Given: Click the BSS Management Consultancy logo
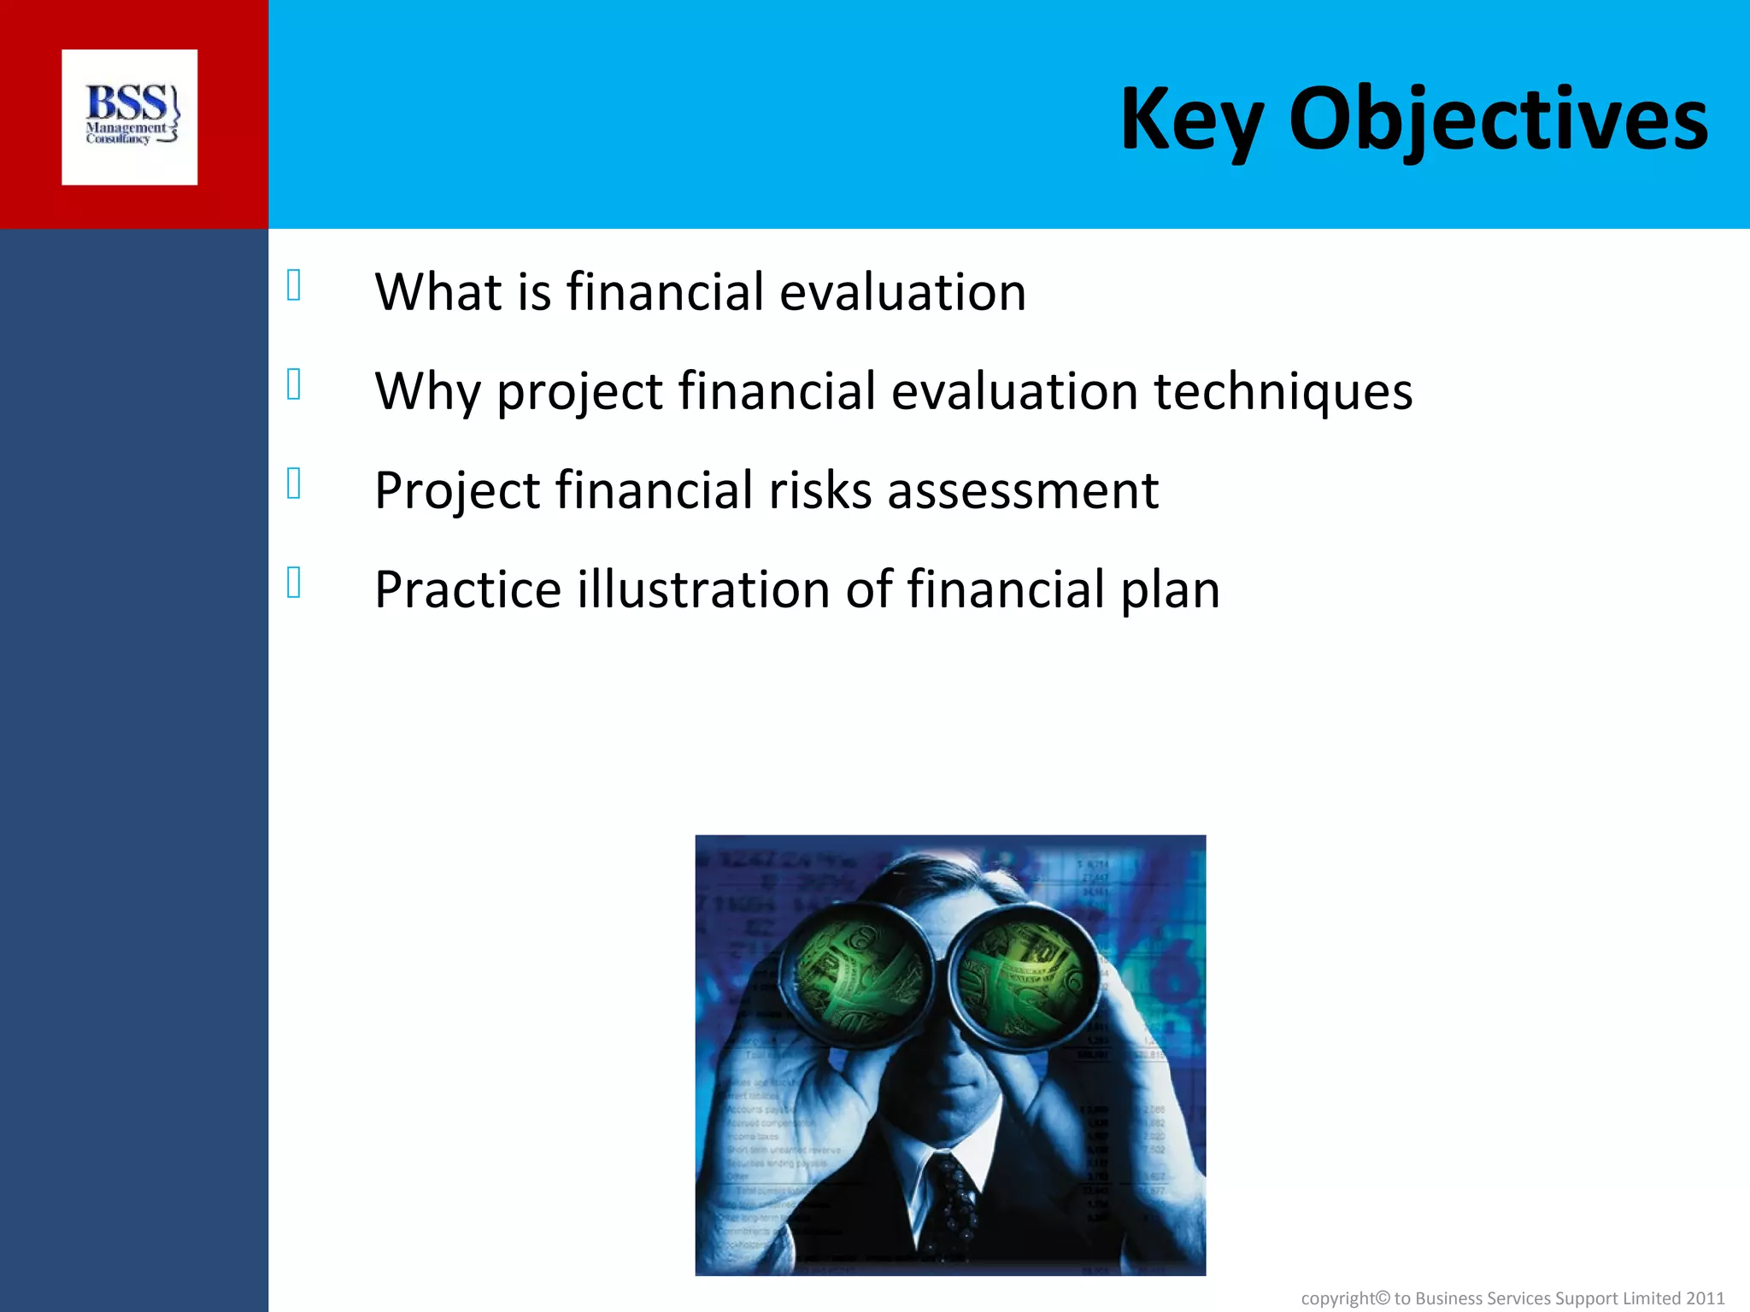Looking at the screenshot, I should coord(130,117).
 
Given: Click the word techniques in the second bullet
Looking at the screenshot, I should coord(1283,391).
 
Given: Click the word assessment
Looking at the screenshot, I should coord(1022,492).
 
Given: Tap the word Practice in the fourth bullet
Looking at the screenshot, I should coord(467,589).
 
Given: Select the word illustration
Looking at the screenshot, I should coord(703,589).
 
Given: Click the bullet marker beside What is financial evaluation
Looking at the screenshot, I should coord(294,285).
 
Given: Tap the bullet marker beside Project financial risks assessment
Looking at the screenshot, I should coord(294,483).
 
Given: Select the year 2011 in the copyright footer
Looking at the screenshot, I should coord(1705,1298).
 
